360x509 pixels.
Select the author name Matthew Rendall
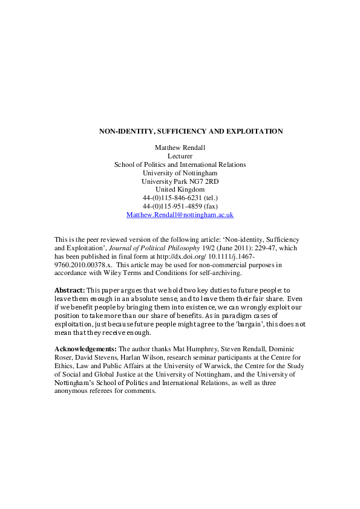[180, 147]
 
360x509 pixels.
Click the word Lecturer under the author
[180, 155]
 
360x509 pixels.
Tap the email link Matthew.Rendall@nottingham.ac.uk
[180, 215]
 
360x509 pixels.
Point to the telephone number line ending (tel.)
[180, 198]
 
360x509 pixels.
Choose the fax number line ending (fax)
[180, 206]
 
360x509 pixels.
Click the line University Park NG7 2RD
[180, 181]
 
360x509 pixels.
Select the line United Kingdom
[180, 189]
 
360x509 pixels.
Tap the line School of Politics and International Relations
[180, 164]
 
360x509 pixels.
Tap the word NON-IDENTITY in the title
[124, 131]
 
